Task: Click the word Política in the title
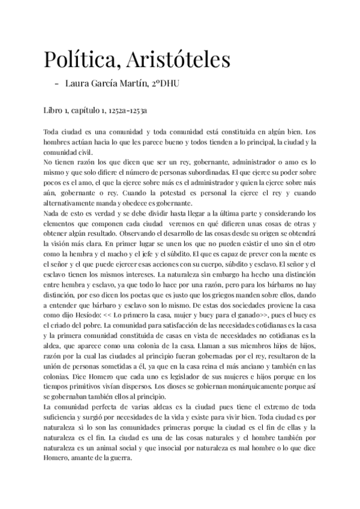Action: [78, 60]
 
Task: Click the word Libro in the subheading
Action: [53, 111]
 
